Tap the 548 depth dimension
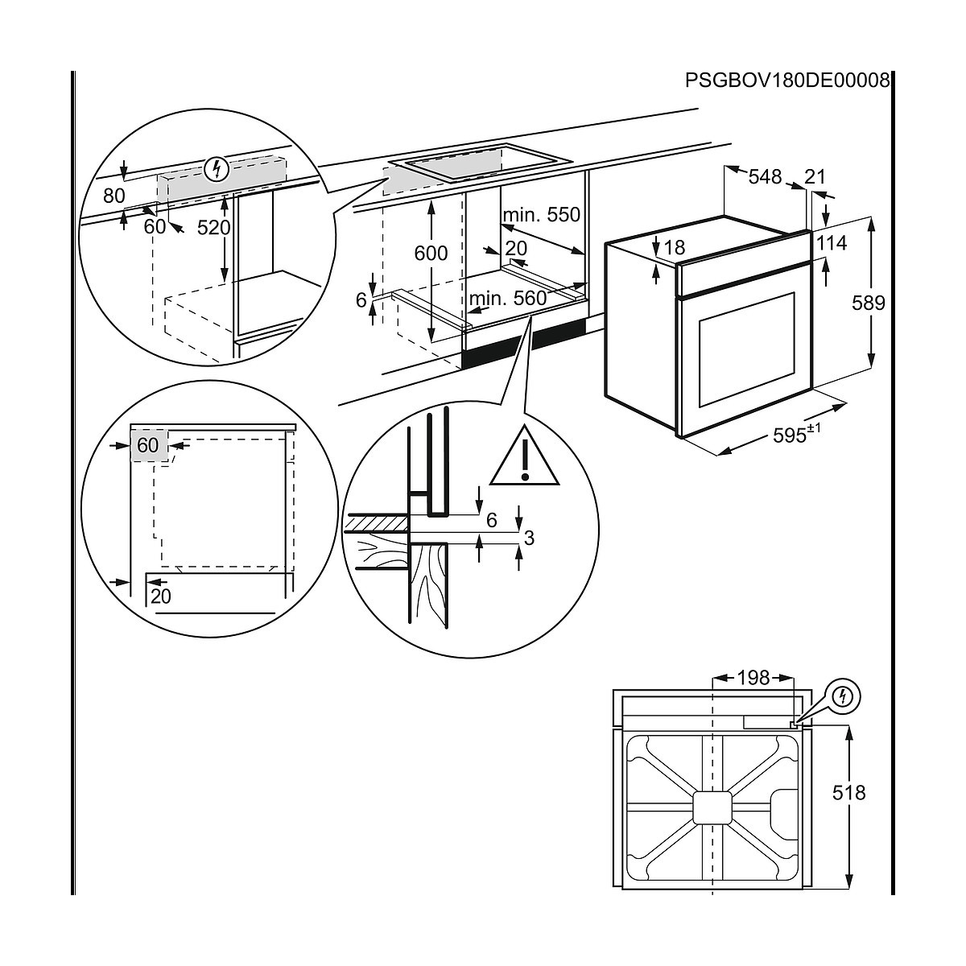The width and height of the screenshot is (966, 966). point(764,175)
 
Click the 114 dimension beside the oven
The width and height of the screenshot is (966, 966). point(832,242)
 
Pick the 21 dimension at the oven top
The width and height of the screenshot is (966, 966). point(815,175)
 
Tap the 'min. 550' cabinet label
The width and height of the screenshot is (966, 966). point(540,215)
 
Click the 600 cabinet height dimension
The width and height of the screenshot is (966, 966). point(431,253)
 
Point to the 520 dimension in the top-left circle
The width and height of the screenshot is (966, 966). point(213,227)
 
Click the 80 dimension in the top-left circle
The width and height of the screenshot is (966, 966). point(114,196)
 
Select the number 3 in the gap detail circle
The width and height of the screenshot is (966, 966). point(528,538)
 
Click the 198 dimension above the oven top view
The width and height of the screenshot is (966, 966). point(753,678)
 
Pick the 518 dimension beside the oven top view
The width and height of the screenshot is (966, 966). point(848,793)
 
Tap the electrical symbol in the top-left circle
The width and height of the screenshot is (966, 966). point(216,169)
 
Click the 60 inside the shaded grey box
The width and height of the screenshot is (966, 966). point(148,445)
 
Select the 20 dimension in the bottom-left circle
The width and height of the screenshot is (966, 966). point(161,597)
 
